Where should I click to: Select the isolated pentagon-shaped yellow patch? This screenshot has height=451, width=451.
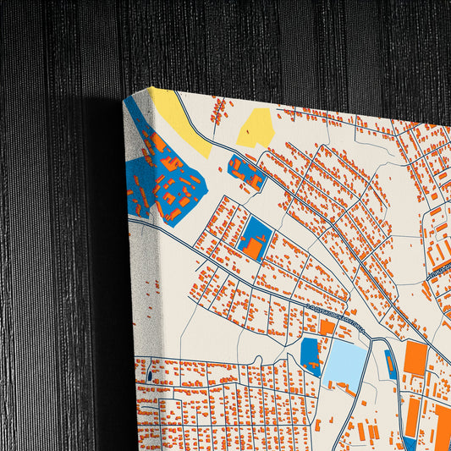257,128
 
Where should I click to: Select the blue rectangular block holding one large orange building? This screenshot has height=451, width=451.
253,238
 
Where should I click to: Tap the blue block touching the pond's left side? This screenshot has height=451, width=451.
311,355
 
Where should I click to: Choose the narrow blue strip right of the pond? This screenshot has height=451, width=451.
390,364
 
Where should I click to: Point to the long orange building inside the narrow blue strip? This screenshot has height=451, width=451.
391,366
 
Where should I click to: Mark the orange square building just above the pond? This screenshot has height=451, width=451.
327,327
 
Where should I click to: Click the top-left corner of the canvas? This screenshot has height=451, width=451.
153,87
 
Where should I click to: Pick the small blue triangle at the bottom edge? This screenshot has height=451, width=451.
410,442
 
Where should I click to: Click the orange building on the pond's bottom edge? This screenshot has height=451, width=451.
346,389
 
